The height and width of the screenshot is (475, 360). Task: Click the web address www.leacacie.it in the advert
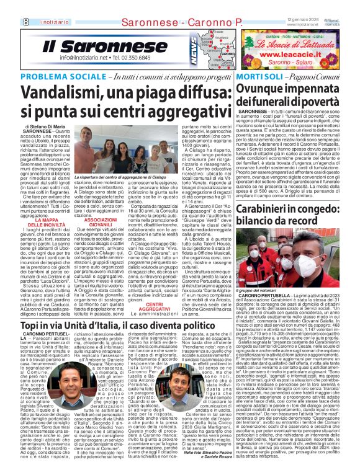[x=297, y=54]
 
